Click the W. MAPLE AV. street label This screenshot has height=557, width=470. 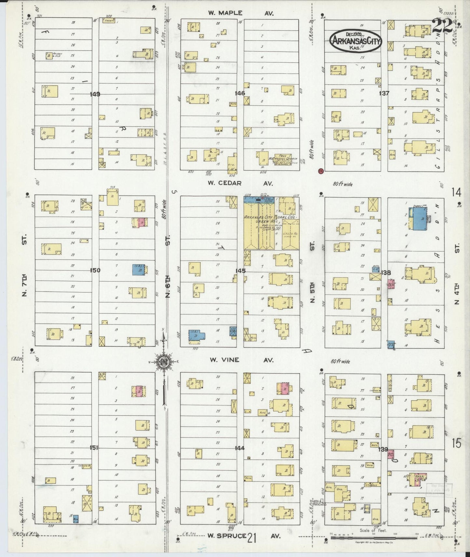coord(241,13)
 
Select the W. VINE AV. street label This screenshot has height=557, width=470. coord(241,360)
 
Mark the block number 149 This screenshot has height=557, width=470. coord(96,94)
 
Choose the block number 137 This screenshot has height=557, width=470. coord(384,93)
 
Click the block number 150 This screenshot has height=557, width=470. coord(96,270)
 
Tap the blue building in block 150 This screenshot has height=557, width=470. coord(139,269)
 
